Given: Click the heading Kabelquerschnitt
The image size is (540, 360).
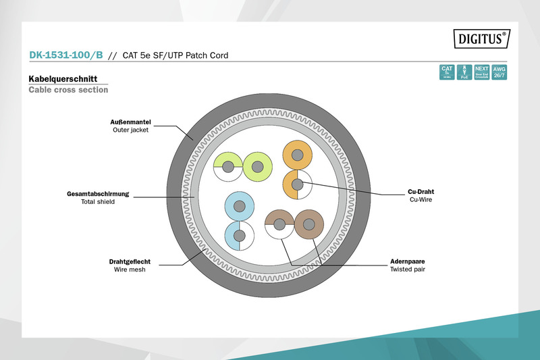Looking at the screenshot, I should (66, 78).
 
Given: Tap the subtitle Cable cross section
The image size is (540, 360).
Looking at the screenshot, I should (68, 90).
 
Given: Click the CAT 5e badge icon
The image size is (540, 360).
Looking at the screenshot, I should (447, 72).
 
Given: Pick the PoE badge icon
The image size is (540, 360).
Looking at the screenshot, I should (464, 72).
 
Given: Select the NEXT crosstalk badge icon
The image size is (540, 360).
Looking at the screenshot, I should (481, 72).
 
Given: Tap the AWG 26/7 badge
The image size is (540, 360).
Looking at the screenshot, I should (499, 72).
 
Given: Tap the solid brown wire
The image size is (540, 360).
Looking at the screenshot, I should (309, 224).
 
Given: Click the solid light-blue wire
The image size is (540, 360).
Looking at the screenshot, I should (238, 207).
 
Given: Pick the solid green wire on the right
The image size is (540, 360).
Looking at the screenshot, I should (256, 166).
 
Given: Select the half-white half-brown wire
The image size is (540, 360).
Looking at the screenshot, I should (279, 224).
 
